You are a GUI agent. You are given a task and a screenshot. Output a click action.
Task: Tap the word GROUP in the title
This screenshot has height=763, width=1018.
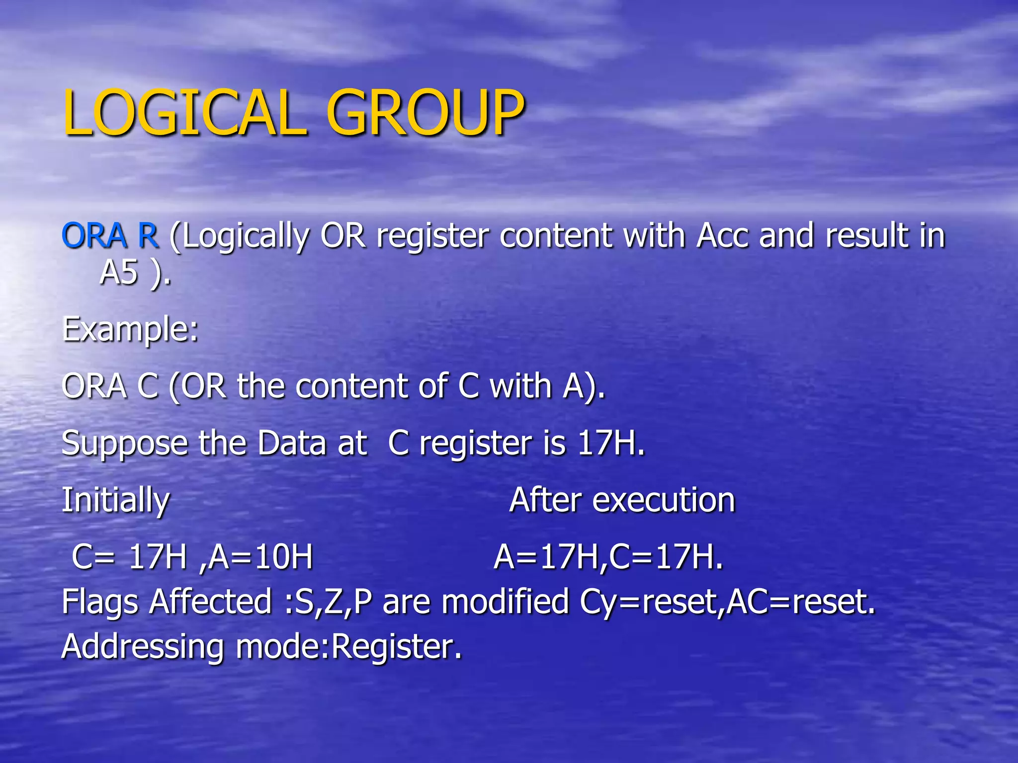425,113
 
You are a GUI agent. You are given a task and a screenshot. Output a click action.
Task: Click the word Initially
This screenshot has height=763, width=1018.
115,500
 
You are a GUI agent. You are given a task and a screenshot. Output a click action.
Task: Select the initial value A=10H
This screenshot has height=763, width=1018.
261,557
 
